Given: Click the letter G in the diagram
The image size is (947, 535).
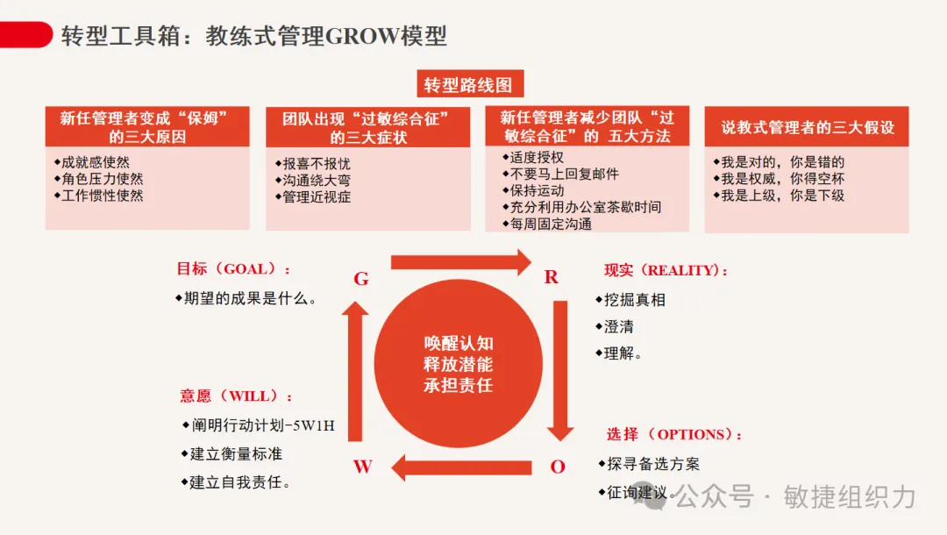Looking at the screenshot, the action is tap(360, 279).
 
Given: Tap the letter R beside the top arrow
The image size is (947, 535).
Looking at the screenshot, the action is tap(552, 277).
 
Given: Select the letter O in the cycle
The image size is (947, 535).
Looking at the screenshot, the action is tap(558, 467).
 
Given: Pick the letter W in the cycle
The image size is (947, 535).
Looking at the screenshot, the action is tap(362, 467).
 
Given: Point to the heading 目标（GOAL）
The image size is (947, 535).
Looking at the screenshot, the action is tap(233, 269).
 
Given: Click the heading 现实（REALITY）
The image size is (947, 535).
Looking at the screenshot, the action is tap(666, 271).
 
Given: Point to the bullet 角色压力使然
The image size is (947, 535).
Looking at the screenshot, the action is tap(102, 179).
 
